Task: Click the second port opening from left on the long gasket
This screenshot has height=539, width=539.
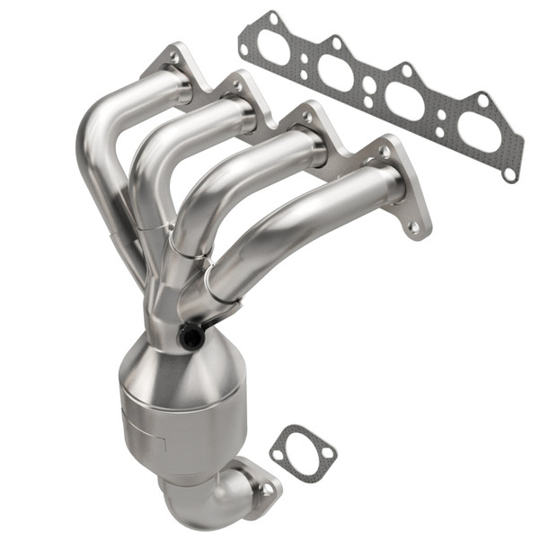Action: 334,74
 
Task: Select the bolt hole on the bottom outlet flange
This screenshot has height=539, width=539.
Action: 267,489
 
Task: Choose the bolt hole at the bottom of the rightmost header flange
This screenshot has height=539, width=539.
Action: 414,228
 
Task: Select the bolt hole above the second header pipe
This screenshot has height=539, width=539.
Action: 238,85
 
